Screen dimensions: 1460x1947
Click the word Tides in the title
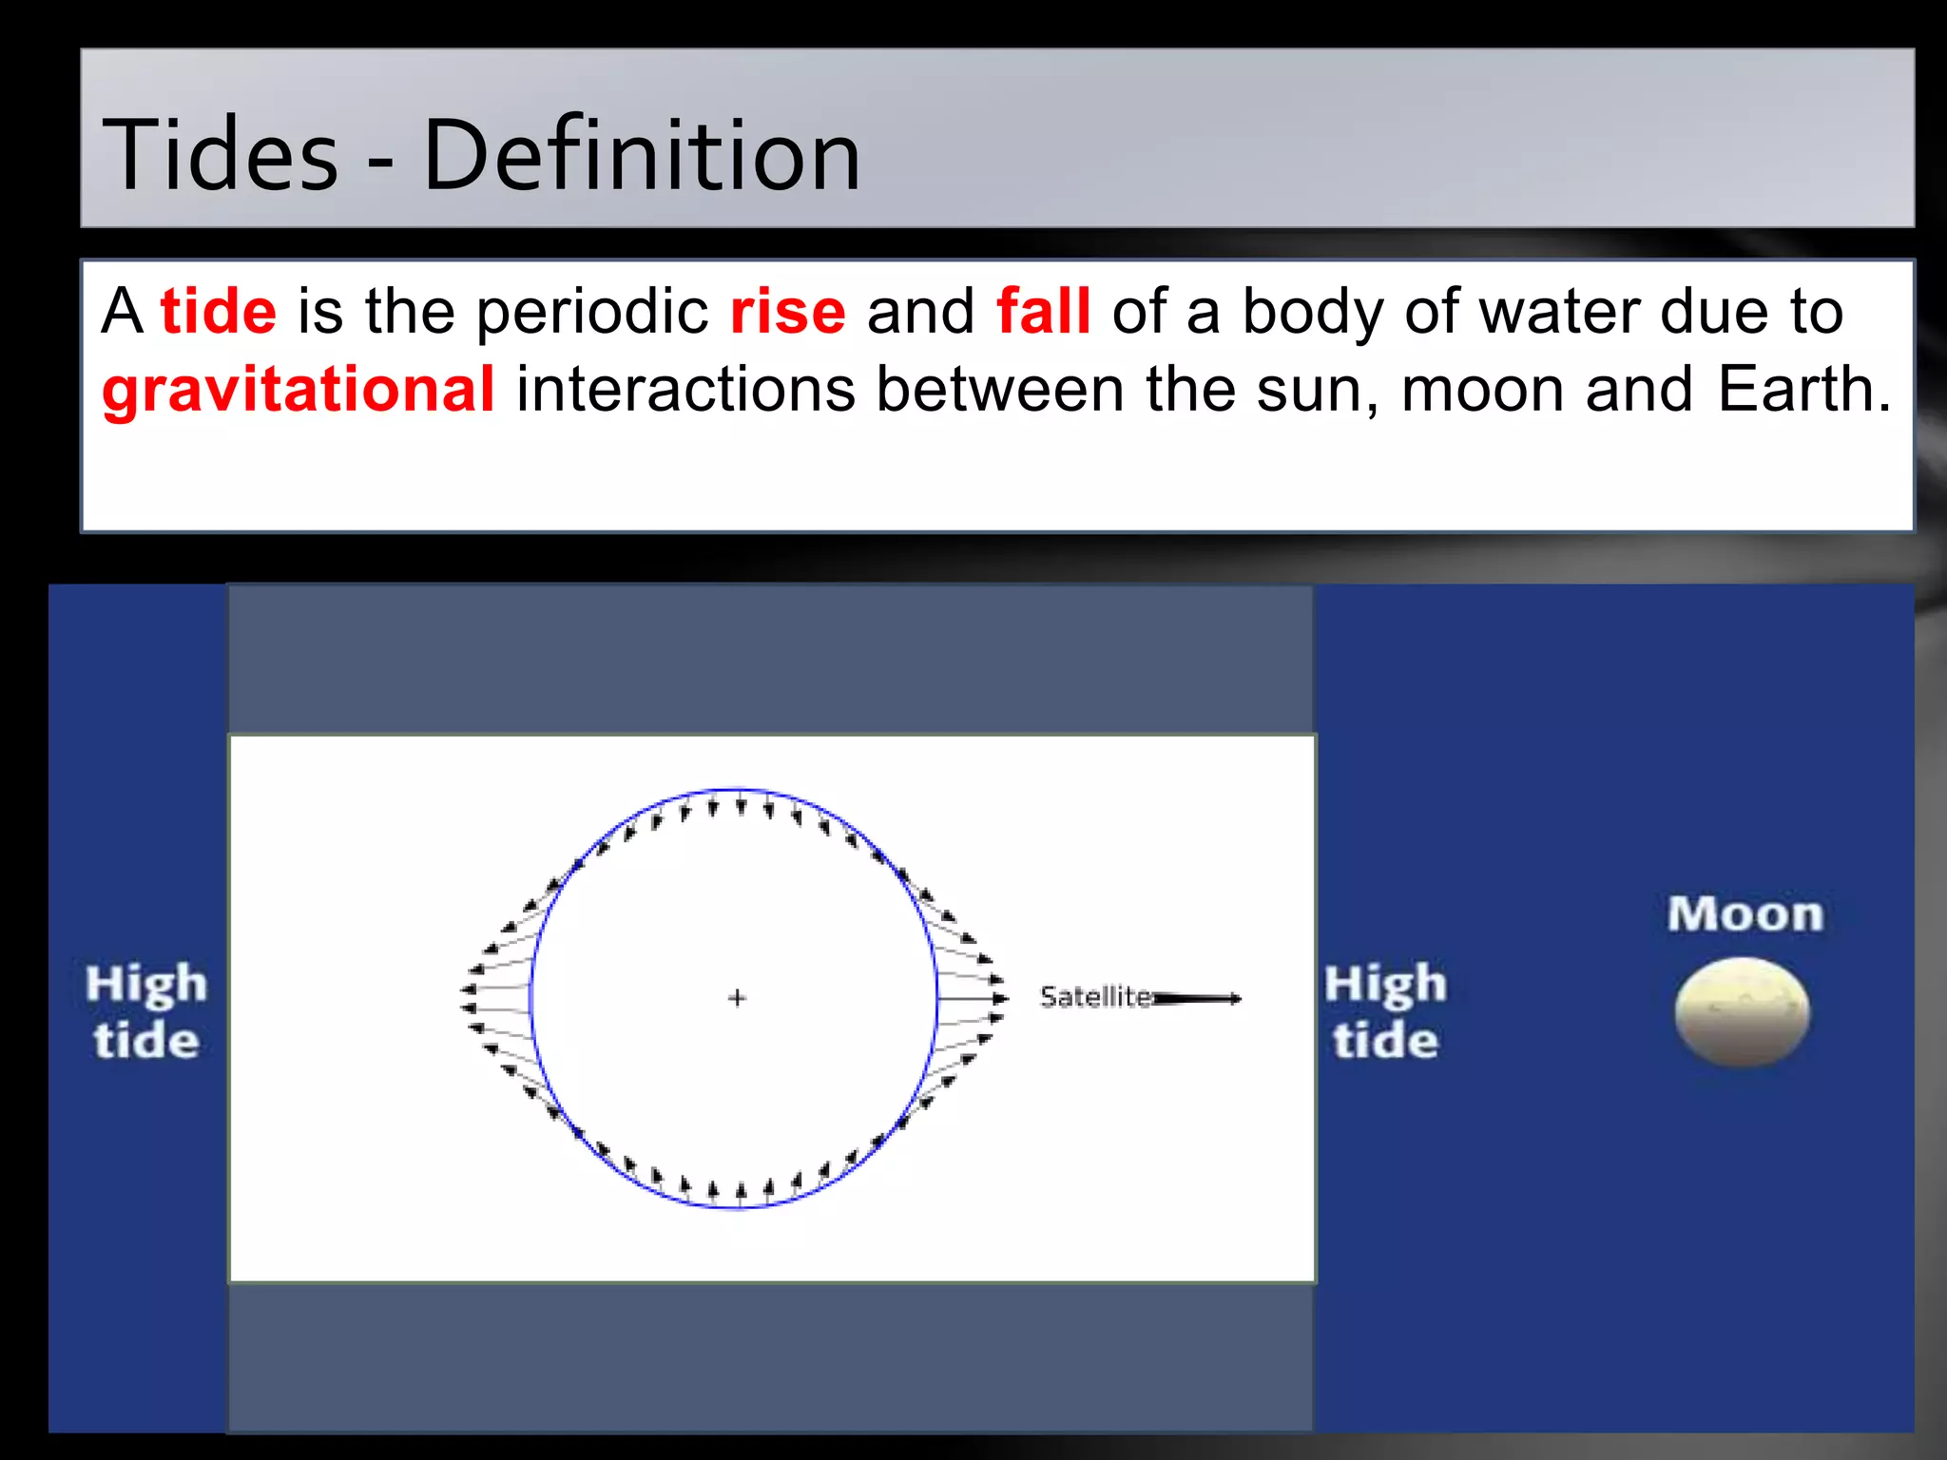[x=220, y=155]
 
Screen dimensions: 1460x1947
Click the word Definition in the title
[x=641, y=155]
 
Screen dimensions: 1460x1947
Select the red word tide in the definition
[x=219, y=311]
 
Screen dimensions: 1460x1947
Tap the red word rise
[x=787, y=311]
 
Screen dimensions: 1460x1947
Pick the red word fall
[x=1043, y=311]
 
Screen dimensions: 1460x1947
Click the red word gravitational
[x=299, y=389]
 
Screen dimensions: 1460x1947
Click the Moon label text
[x=1745, y=914]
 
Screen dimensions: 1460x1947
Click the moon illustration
[x=1743, y=1011]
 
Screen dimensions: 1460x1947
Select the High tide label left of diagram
[x=146, y=1011]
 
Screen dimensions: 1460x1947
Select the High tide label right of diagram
[x=1385, y=1011]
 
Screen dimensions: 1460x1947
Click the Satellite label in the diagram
[x=1095, y=997]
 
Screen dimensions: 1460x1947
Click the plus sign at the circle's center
[x=737, y=998]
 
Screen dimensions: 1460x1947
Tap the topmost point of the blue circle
[x=737, y=789]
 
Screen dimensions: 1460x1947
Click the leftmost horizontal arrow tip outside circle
[x=467, y=989]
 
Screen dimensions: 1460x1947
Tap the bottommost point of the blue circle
[x=737, y=1208]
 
